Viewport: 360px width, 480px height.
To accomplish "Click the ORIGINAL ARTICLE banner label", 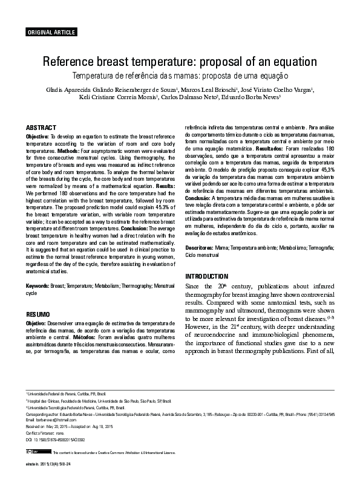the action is pos(50,31).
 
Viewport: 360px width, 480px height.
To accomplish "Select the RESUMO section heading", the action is pos(38,315).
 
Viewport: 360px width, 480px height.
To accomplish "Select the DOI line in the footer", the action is pos(55,439).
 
